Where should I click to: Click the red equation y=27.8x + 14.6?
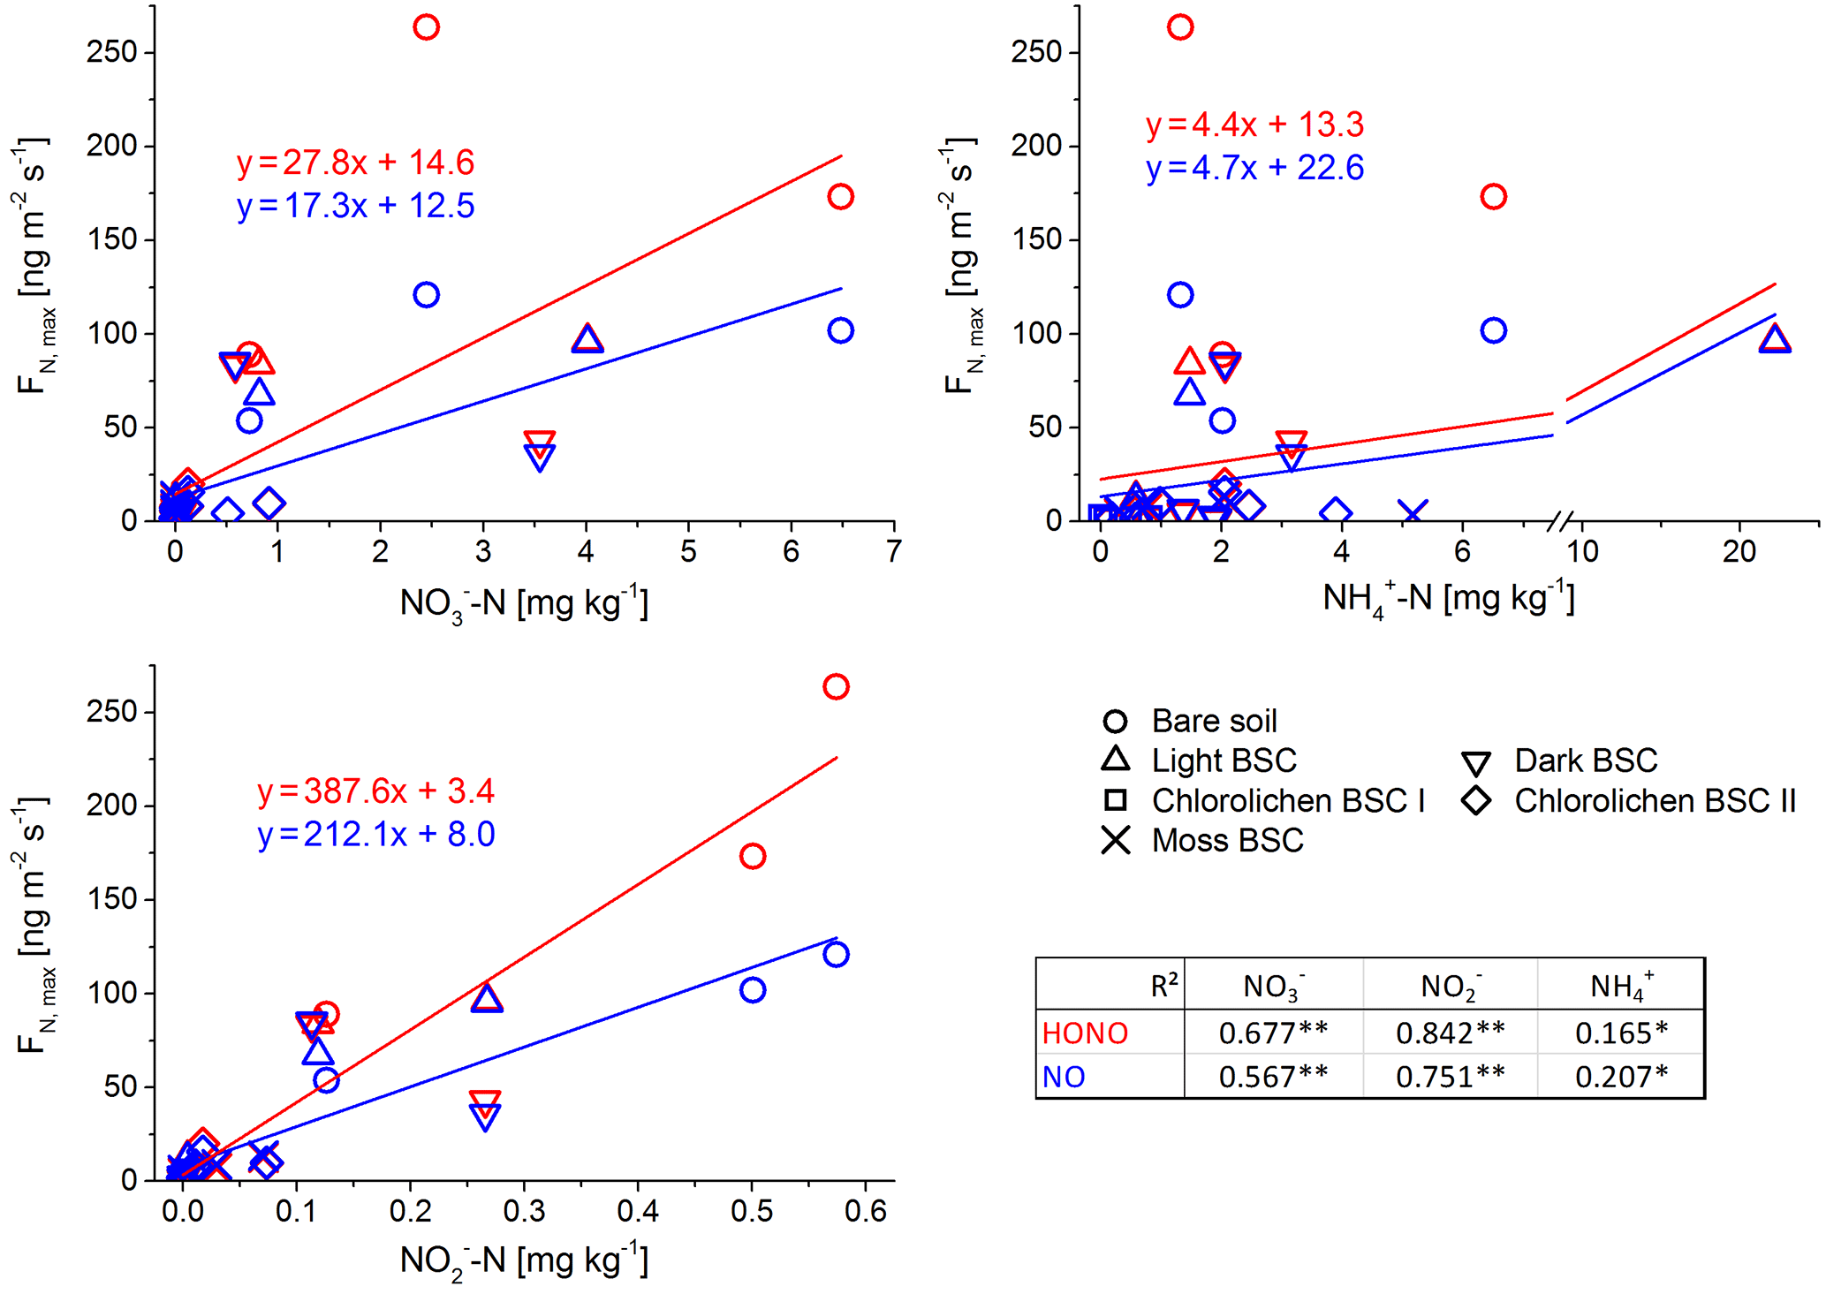[x=355, y=163]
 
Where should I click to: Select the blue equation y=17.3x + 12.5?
[x=355, y=206]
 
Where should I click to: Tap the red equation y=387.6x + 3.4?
[x=375, y=791]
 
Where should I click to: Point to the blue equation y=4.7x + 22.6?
[x=1254, y=168]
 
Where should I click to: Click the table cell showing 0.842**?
[x=1450, y=1033]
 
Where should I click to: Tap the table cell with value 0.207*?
[x=1621, y=1077]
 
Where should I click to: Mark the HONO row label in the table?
[x=1085, y=1033]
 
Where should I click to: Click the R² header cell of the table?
[x=1163, y=985]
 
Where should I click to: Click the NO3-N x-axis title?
[x=524, y=603]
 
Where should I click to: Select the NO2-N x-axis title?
[x=524, y=1260]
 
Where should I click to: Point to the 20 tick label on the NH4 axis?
[x=1739, y=551]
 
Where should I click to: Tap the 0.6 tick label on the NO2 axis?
[x=865, y=1210]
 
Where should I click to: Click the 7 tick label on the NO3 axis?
[x=894, y=551]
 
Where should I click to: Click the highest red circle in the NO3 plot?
[x=426, y=27]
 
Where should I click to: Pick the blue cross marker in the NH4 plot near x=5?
[x=1413, y=512]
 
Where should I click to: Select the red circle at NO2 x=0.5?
[x=753, y=856]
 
